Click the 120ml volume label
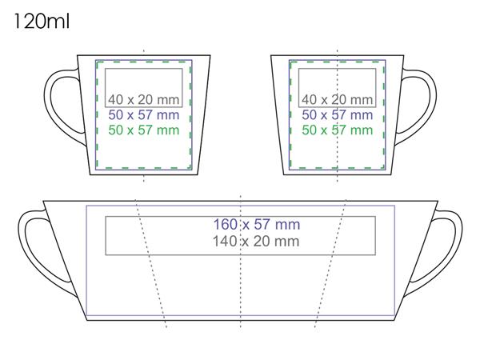click(42, 22)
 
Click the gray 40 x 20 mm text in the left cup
click(143, 99)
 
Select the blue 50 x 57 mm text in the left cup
click(143, 114)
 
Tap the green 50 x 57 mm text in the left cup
click(143, 130)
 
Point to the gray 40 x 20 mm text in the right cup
click(337, 99)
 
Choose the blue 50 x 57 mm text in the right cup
click(337, 114)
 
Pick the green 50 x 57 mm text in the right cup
click(337, 130)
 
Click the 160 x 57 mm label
click(257, 224)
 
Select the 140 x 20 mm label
click(256, 242)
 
